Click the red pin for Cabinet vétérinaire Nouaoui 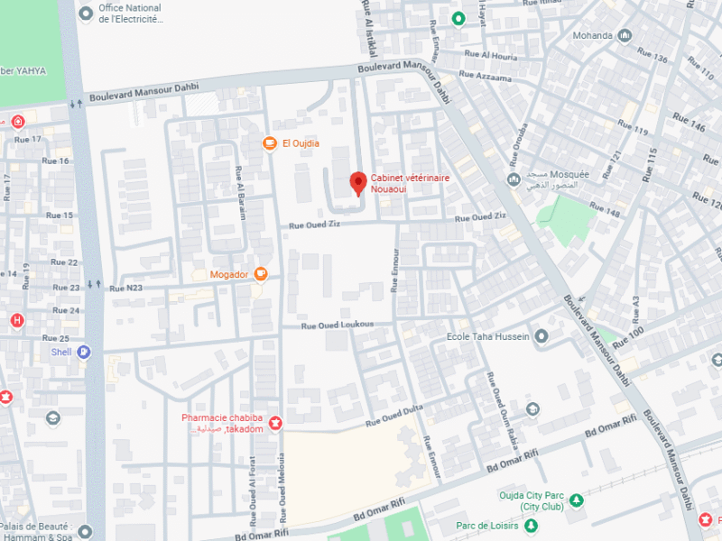[x=357, y=181]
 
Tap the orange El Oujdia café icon [x=269, y=143]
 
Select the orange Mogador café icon [x=260, y=273]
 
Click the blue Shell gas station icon [x=84, y=353]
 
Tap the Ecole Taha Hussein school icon [x=541, y=337]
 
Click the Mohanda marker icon [x=624, y=36]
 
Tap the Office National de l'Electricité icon [x=86, y=13]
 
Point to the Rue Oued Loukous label [x=337, y=325]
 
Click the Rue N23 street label [x=125, y=288]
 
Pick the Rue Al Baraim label [x=240, y=187]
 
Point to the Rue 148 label [x=606, y=209]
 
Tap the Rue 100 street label [x=629, y=335]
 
